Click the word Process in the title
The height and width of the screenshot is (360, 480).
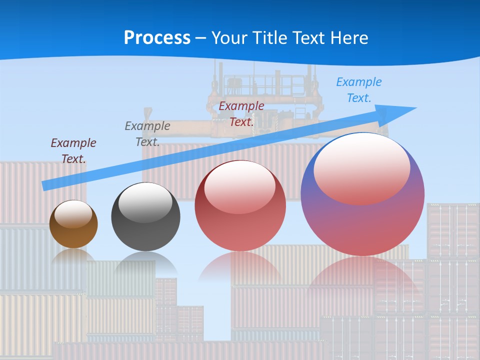click(157, 38)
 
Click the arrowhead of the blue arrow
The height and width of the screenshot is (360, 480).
click(400, 112)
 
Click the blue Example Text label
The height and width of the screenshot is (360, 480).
click(358, 90)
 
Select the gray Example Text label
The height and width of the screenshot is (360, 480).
click(147, 134)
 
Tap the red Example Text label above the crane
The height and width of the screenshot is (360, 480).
click(241, 114)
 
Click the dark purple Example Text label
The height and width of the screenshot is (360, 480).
click(73, 151)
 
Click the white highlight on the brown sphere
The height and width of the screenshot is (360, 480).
click(73, 214)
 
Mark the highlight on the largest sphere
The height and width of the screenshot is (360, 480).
click(361, 169)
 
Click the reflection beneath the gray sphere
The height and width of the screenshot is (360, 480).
click(145, 262)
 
